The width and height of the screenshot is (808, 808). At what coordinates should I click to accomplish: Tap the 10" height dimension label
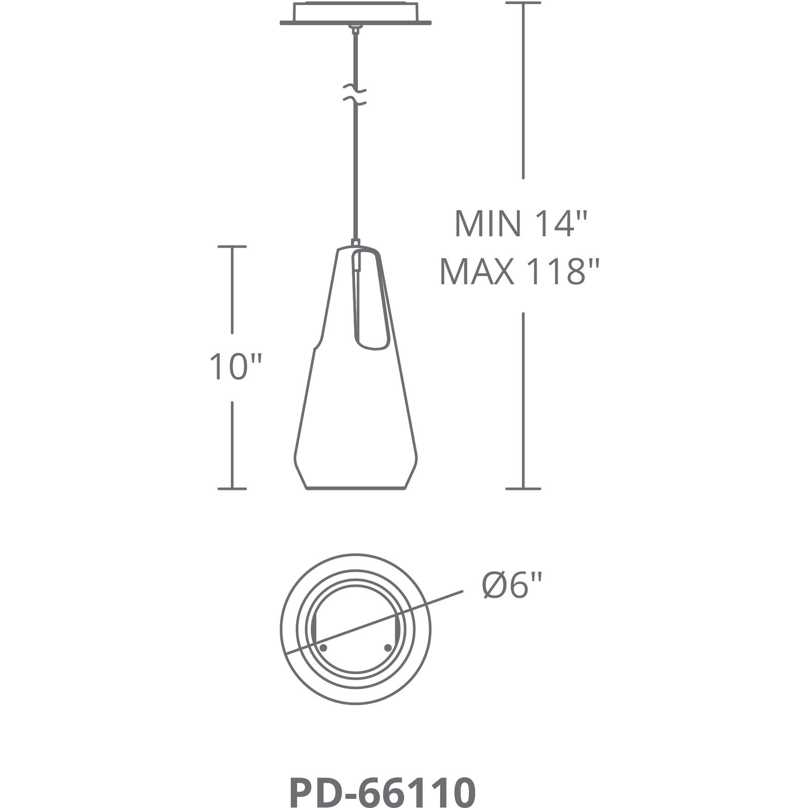(x=235, y=367)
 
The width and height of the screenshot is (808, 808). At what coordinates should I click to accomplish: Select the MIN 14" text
(x=520, y=224)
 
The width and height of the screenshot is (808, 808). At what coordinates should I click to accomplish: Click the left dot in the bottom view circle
(x=323, y=648)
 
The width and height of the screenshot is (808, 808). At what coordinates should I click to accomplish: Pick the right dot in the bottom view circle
(x=388, y=648)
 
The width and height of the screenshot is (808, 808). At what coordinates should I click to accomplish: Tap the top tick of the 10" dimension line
(x=232, y=247)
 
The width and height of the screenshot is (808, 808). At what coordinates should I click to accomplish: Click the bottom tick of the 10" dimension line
(x=232, y=489)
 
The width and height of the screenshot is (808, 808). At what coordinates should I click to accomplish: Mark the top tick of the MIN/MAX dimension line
(x=523, y=3)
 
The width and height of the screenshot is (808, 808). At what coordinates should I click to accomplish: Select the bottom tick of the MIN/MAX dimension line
(x=523, y=489)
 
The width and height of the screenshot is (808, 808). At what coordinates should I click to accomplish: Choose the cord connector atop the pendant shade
(x=355, y=243)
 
